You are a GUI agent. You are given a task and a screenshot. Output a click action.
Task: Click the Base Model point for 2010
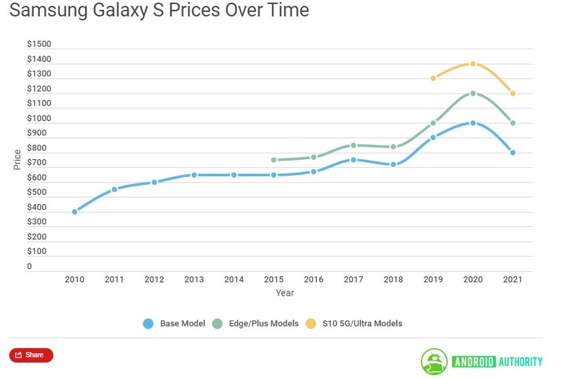coord(75,212)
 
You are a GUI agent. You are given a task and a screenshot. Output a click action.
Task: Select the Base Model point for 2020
coord(473,123)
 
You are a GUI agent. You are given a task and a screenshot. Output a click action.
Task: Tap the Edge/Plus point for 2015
coord(273,160)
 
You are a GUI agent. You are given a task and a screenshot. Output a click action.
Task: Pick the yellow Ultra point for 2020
coord(473,64)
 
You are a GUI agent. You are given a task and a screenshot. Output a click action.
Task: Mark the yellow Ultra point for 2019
coord(433,78)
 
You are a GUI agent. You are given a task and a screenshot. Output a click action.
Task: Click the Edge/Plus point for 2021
coord(512,123)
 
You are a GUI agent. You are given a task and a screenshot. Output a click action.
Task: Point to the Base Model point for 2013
coord(194,175)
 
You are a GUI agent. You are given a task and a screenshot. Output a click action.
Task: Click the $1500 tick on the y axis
coord(39,44)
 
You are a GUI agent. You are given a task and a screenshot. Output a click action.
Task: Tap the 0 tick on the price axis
coord(29,267)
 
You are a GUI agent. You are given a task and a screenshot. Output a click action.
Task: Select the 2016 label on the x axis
coord(313,279)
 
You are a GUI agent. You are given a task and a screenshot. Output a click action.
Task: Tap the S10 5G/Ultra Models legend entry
coord(361,323)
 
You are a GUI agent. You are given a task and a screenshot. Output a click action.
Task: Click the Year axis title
coord(285,293)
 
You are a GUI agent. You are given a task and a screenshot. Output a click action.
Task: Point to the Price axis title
coord(17,159)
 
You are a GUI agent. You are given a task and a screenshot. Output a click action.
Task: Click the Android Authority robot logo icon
coord(434,360)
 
